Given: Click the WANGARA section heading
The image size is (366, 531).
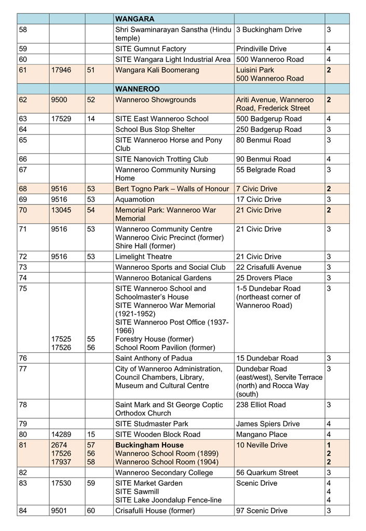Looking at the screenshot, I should pyautogui.click(x=134, y=19).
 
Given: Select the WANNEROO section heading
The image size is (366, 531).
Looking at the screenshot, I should pyautogui.click(x=138, y=89).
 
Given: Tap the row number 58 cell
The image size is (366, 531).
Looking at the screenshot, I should pyautogui.click(x=23, y=30).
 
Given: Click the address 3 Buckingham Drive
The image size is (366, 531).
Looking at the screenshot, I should pyautogui.click(x=268, y=30).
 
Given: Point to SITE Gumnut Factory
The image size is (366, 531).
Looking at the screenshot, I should pyautogui.click(x=151, y=49).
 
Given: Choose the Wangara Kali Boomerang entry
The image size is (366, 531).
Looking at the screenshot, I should pyautogui.click(x=157, y=70).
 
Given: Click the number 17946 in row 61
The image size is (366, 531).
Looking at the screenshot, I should pyautogui.click(x=61, y=70).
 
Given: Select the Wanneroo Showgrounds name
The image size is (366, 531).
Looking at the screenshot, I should pyautogui.click(x=155, y=100).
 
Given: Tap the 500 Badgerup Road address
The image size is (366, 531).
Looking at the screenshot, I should pyautogui.click(x=268, y=119).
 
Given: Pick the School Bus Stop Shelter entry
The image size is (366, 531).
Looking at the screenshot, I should pyautogui.click(x=155, y=129).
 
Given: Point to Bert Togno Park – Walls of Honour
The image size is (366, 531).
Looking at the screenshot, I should pyautogui.click(x=171, y=189).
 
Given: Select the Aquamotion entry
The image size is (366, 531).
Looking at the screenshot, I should pyautogui.click(x=134, y=200).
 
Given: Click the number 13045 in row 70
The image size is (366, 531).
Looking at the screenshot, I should pyautogui.click(x=61, y=210).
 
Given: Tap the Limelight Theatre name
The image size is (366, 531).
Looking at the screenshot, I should pyautogui.click(x=146, y=257).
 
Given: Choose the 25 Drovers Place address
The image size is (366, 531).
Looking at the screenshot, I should pyautogui.click(x=264, y=278).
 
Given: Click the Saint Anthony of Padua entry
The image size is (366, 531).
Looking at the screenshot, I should pyautogui.click(x=153, y=358).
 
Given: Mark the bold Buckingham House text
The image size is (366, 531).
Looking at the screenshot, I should pyautogui.click(x=149, y=445).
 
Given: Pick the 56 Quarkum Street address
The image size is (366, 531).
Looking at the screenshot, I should pyautogui.click(x=267, y=473).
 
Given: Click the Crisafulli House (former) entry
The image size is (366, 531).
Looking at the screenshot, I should pyautogui.click(x=155, y=511).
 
